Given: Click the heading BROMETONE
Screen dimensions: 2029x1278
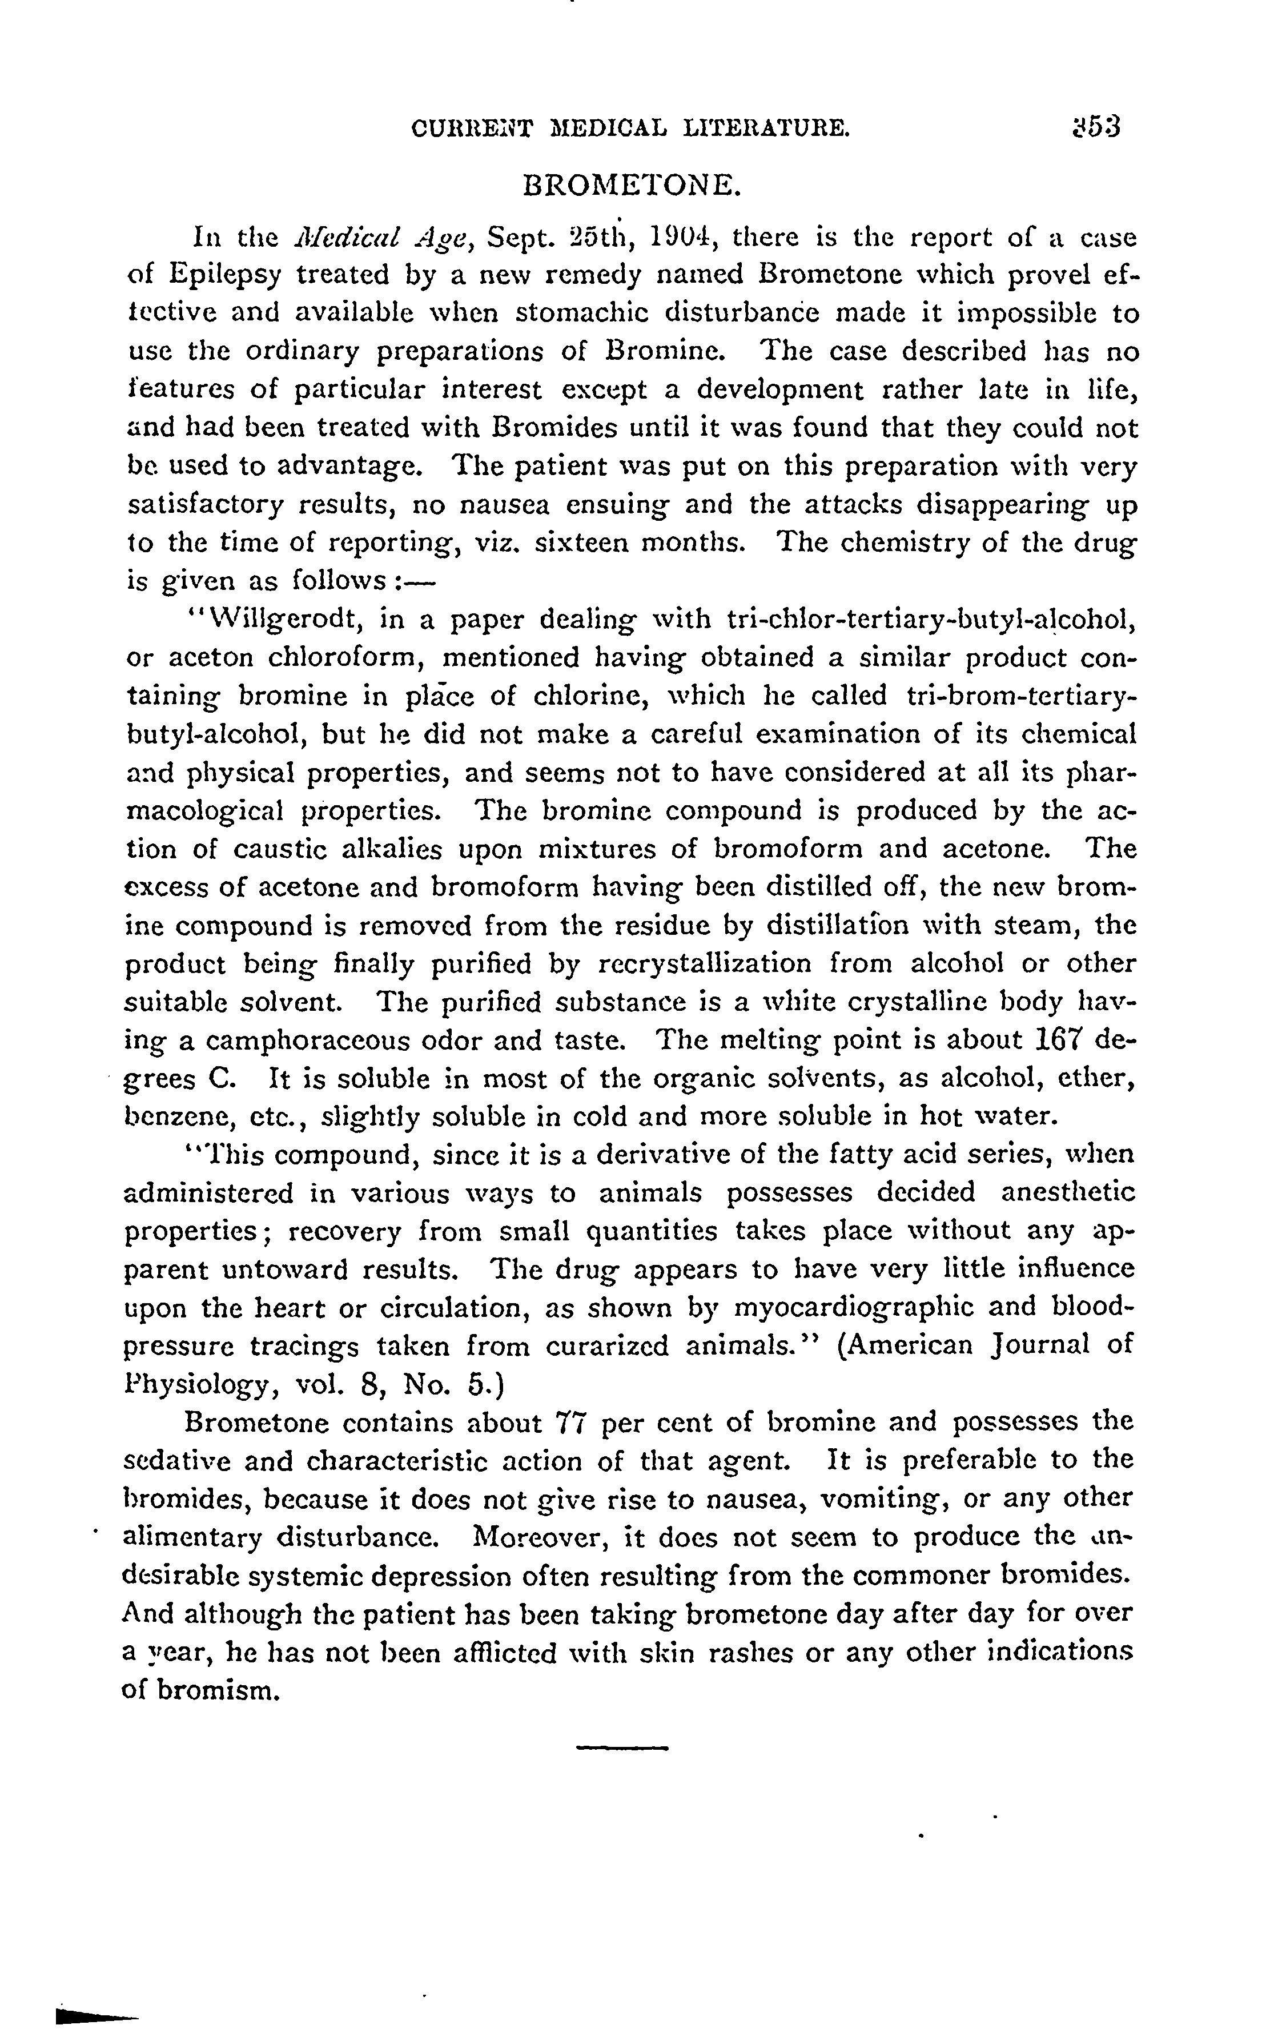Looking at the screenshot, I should (632, 184).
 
